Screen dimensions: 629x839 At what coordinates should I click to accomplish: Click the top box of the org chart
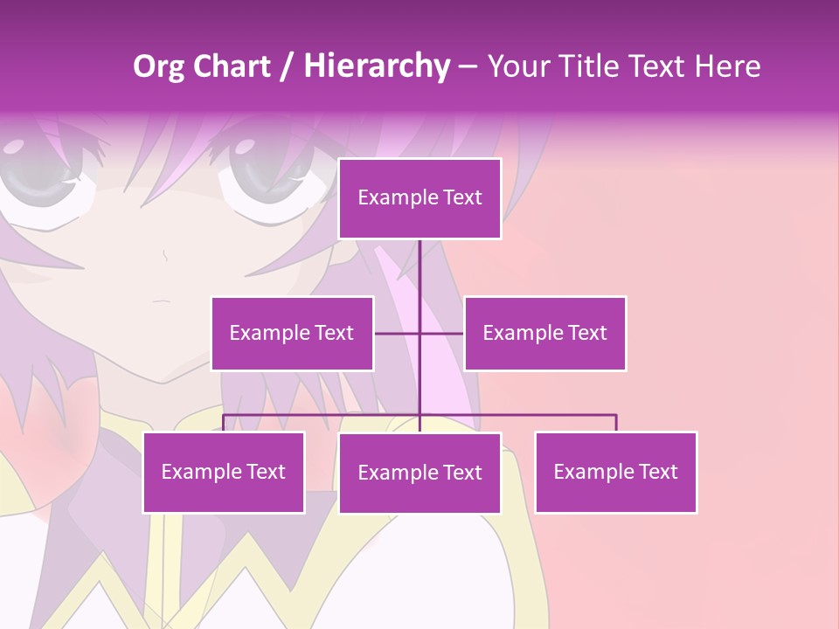[419, 198]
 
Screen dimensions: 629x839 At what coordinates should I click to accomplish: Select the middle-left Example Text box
[292, 333]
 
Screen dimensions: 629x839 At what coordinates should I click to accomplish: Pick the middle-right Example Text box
[544, 333]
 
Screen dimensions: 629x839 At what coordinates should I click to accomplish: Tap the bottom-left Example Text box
[224, 472]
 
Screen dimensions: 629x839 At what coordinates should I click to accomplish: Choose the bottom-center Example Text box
[419, 473]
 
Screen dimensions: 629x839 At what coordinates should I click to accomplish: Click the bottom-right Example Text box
[615, 472]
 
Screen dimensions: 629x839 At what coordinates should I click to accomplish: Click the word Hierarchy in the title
[377, 66]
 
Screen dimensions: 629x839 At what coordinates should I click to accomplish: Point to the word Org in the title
[160, 66]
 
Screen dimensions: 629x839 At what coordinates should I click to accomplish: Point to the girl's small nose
[164, 254]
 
